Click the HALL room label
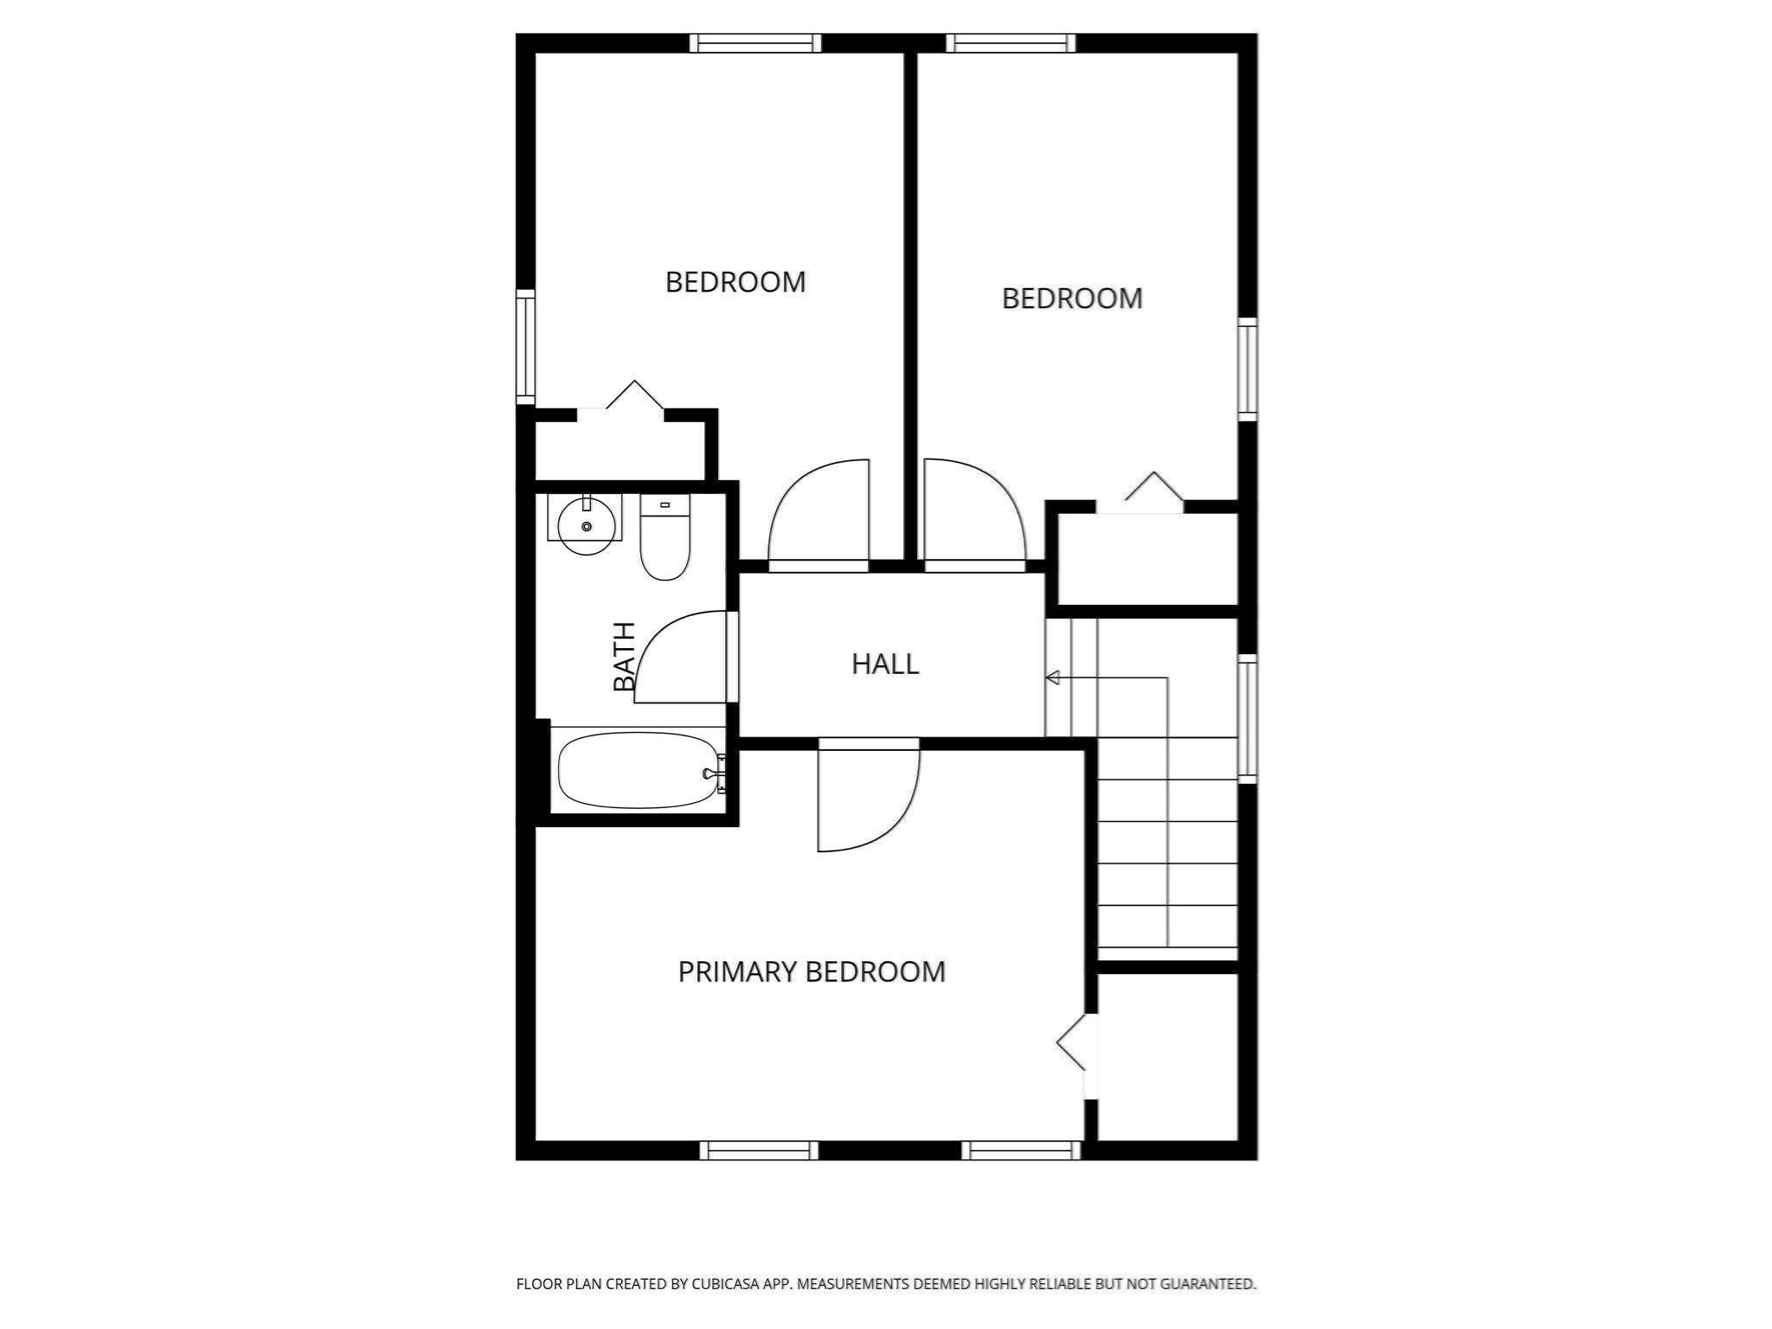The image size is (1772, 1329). click(884, 664)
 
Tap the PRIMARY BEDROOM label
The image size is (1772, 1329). click(811, 972)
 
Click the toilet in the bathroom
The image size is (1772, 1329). click(664, 541)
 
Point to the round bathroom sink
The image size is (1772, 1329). click(586, 526)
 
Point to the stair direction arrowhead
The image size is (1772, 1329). click(1052, 677)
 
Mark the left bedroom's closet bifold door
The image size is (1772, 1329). click(634, 395)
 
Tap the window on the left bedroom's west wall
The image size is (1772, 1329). click(525, 347)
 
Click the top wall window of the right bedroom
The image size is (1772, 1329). click(1011, 43)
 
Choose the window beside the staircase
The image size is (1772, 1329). click(1247, 718)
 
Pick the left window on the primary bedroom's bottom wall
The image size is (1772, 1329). click(759, 1150)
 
